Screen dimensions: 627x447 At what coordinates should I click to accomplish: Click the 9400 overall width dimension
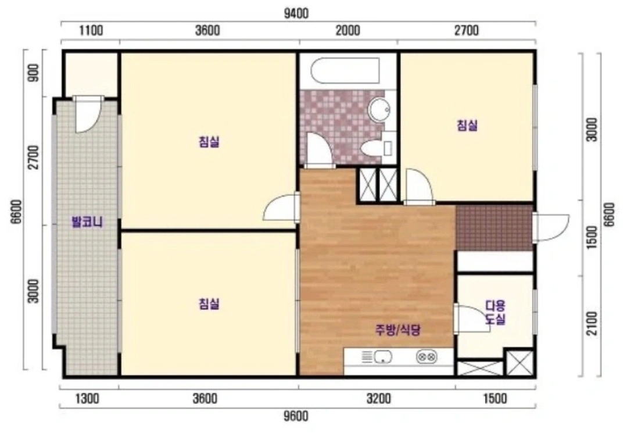click(296, 13)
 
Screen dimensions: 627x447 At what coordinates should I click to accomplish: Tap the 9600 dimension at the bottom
click(296, 416)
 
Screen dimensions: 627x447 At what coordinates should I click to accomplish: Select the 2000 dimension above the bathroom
click(348, 30)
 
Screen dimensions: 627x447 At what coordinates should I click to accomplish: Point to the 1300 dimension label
click(87, 399)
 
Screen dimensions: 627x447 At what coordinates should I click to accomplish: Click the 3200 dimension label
click(379, 399)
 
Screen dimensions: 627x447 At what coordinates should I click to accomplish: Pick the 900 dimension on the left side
click(34, 73)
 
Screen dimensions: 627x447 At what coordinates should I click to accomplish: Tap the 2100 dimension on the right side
click(593, 323)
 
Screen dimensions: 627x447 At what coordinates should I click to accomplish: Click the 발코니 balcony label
click(87, 222)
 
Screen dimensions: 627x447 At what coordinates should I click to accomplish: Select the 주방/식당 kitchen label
click(398, 330)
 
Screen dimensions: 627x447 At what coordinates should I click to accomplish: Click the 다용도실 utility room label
click(496, 312)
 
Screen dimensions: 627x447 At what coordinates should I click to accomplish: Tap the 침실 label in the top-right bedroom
click(467, 126)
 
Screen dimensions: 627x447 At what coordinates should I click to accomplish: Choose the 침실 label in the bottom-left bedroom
click(209, 304)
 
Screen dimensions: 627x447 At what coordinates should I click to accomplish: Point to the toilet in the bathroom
click(375, 148)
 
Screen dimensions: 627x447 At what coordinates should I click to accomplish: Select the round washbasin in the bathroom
click(379, 109)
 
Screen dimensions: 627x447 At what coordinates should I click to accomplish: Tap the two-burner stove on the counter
click(427, 356)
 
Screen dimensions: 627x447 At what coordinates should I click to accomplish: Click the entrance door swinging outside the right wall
click(551, 228)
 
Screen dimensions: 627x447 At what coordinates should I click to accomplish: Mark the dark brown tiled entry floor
click(495, 228)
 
